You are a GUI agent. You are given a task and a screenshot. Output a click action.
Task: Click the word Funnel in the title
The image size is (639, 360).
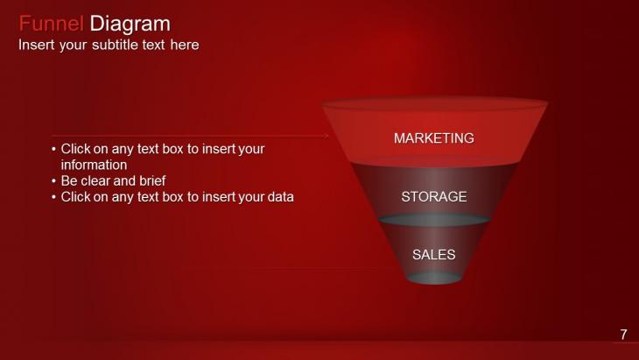[x=52, y=24]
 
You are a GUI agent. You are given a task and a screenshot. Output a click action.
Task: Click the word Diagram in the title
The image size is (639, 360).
[x=130, y=24]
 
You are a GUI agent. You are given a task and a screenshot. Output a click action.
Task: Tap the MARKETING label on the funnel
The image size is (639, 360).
[x=433, y=138]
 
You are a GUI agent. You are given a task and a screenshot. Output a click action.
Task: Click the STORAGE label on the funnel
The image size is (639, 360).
[x=433, y=197]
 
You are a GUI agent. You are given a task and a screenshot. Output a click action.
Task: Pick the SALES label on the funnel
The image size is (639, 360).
[x=433, y=255]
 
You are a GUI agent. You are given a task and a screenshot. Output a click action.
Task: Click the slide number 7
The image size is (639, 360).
[x=623, y=334]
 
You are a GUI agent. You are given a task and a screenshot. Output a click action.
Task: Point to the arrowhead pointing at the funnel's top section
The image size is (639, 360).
[x=326, y=136]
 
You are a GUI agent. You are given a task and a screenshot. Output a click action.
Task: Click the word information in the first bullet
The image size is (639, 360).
[x=94, y=165]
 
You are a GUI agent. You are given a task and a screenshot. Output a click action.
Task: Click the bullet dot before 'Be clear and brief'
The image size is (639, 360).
[x=54, y=181]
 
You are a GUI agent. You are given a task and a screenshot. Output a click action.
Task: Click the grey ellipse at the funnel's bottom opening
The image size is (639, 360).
[x=433, y=278]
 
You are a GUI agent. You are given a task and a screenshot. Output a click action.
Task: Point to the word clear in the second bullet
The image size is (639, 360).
[x=98, y=181]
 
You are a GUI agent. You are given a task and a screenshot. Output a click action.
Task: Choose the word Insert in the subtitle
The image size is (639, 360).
[x=36, y=45]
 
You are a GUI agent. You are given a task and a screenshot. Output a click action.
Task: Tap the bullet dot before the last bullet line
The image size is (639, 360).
[x=54, y=197]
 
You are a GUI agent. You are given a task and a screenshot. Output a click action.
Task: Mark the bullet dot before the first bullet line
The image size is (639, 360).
[x=54, y=150]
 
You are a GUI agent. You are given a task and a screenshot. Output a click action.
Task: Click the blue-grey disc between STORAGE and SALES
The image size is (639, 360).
[x=433, y=221]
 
